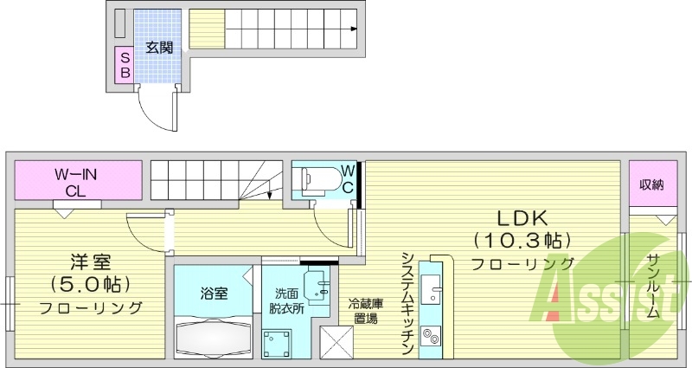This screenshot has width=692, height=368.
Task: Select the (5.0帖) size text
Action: pos(90,283)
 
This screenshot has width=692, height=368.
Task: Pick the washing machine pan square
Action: pos(280,345)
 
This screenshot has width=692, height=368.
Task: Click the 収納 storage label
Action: pos(651,184)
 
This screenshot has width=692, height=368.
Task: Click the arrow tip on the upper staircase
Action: pos(356,29)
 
